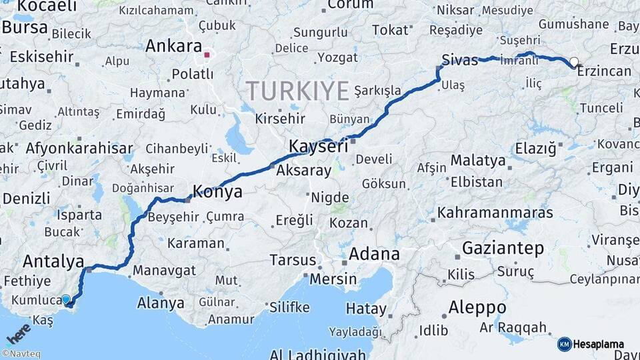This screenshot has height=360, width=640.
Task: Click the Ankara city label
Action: point(173,46)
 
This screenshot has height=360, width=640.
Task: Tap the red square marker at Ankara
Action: point(207,55)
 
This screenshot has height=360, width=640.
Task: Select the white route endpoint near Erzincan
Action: point(573,62)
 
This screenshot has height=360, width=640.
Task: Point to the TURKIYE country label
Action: point(297,90)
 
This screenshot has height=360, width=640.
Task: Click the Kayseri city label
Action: point(318,146)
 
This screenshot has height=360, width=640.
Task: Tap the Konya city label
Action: point(217,191)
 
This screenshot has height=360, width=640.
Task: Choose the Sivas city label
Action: point(459,61)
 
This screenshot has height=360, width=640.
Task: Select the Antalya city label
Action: point(53,261)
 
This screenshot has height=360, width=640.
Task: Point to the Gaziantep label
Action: point(503,249)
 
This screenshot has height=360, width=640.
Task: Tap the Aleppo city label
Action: point(477,308)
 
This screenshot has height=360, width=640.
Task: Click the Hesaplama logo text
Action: point(598,344)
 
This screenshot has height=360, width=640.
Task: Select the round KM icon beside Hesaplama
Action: point(564,344)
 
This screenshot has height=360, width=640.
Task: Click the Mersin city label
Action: point(333,279)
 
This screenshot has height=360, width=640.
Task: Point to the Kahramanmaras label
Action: point(495,213)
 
